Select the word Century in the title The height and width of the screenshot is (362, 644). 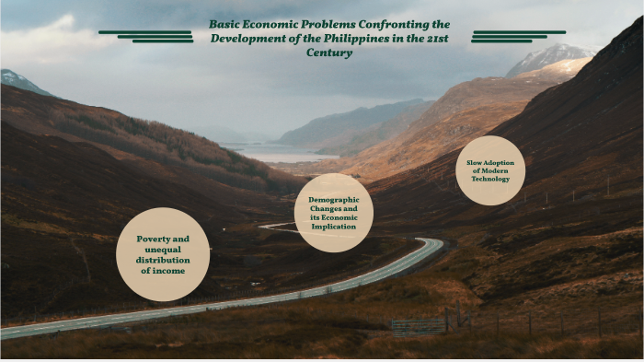[329, 53]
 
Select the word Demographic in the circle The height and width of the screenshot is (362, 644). [334, 199]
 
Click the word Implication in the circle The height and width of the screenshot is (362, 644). [334, 227]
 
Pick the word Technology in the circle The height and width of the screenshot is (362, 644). [490, 179]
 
